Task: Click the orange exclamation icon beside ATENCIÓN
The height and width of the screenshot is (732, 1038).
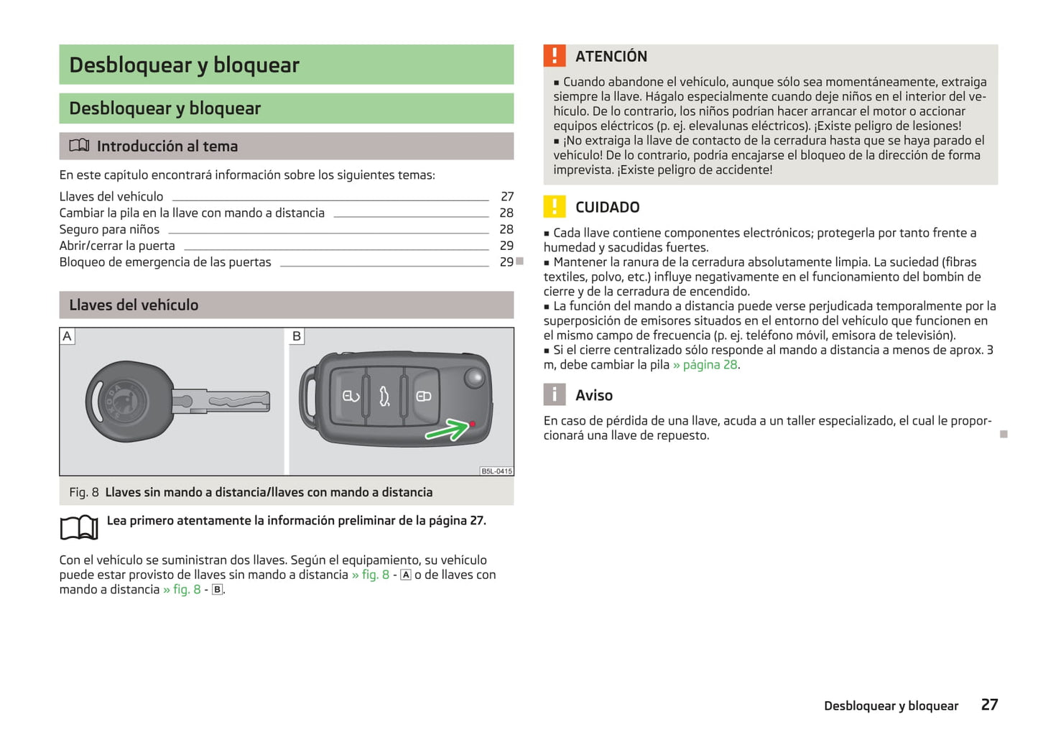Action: tap(555, 56)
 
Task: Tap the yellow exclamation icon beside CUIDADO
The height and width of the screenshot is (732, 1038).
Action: tap(555, 207)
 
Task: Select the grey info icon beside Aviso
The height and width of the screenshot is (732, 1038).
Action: tap(555, 394)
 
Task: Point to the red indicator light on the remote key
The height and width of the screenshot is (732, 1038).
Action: tap(473, 424)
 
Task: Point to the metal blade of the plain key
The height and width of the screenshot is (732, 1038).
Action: tap(230, 401)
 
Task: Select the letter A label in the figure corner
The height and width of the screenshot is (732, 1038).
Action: tap(68, 336)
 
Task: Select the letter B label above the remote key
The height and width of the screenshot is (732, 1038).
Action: tap(297, 336)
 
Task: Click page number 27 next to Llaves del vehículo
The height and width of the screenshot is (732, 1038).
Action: tap(507, 197)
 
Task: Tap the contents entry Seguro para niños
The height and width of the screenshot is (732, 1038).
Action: tap(109, 230)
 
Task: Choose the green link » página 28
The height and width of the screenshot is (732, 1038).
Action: tap(705, 365)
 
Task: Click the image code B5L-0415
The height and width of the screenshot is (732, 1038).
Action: tap(496, 471)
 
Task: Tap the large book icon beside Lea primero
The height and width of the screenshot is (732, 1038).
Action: tap(79, 527)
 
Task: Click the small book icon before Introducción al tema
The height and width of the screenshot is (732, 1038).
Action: tap(79, 146)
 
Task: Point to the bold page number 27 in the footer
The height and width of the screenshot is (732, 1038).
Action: tap(989, 705)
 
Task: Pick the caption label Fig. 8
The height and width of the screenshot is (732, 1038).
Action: tap(84, 492)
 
